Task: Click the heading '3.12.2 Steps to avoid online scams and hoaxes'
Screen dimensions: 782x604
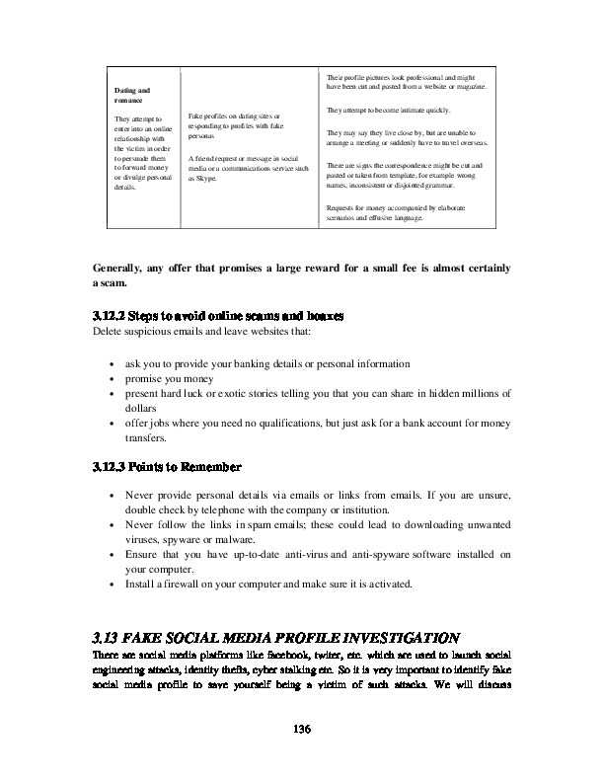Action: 217,317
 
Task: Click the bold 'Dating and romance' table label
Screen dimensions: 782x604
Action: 131,97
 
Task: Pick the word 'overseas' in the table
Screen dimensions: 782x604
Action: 476,142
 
